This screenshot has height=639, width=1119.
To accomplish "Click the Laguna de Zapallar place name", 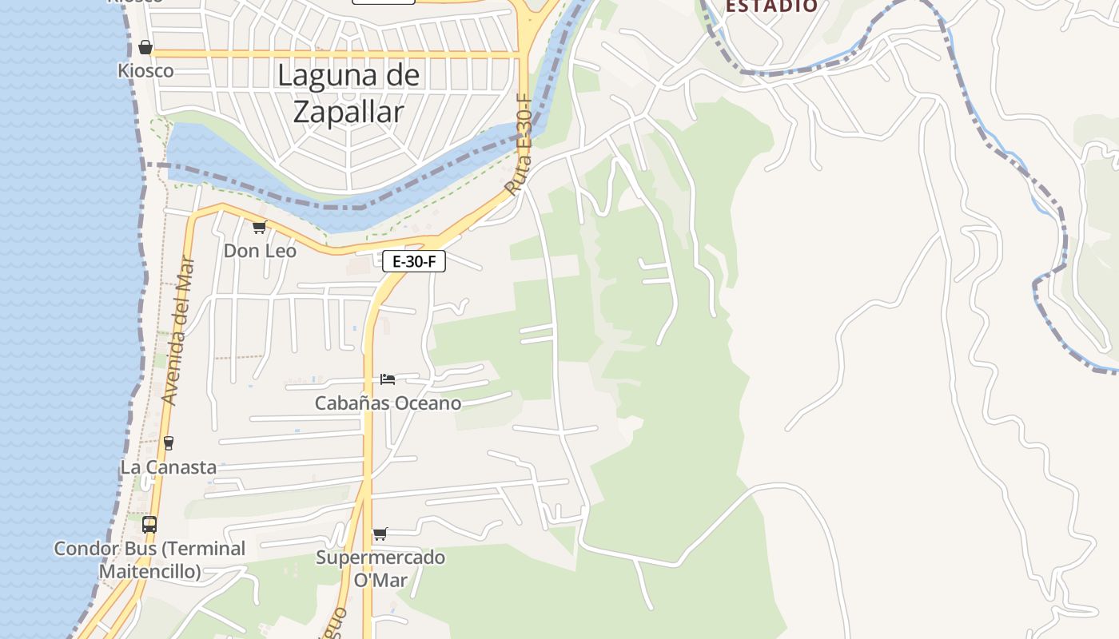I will point(348,93).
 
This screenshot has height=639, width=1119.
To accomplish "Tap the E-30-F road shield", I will point(413,261).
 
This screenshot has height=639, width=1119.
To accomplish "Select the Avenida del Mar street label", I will point(178,329).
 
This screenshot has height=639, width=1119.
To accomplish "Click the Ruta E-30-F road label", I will point(518,145).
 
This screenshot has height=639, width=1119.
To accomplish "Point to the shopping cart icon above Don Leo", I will point(259,228).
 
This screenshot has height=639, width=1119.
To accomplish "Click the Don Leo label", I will point(260,251).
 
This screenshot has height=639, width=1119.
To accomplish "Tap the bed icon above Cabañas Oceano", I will point(388,379).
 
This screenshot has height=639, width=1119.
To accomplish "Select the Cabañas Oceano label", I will point(388,403).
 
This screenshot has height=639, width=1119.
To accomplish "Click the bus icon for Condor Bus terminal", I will point(149,525).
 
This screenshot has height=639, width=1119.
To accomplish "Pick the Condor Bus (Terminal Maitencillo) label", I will point(149,560).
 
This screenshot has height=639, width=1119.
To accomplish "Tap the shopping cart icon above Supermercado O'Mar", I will point(380,534).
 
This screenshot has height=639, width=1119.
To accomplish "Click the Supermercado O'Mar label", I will point(380,568).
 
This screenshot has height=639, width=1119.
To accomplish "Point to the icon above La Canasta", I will point(169,443).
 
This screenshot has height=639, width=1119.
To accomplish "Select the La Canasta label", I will point(169,466).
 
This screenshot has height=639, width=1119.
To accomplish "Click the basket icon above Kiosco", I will point(145,47).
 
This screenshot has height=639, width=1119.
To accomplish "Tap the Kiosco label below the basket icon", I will point(145,70).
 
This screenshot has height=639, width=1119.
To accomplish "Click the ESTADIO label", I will point(771,6).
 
